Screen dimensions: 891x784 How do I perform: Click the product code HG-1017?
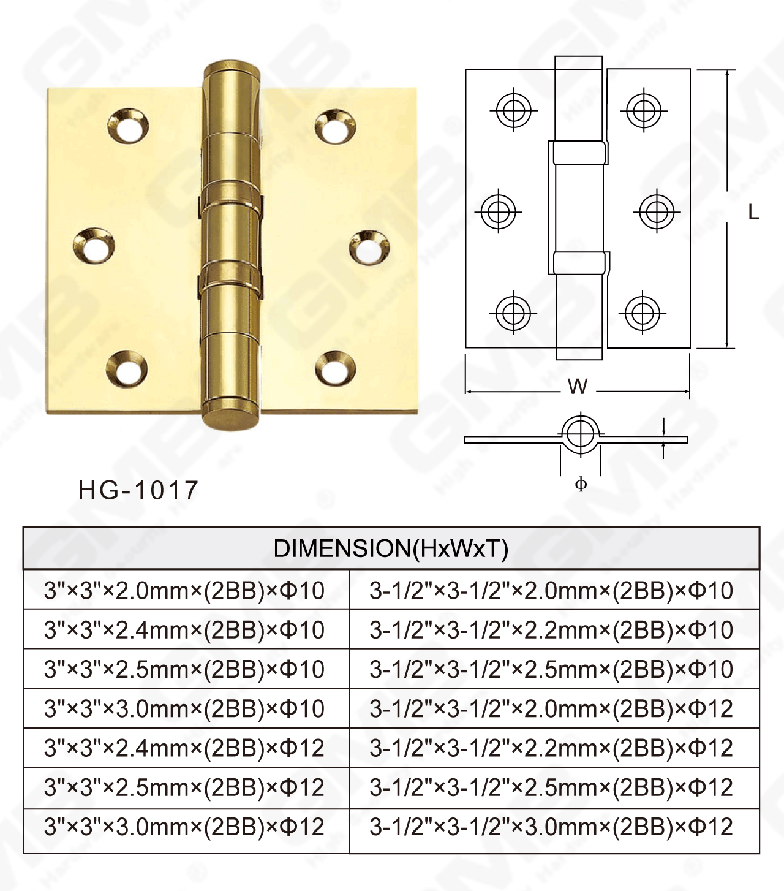[x=138, y=490]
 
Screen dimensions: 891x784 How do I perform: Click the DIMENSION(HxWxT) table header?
[x=391, y=548]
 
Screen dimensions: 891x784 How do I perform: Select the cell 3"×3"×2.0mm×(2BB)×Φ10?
[x=184, y=591]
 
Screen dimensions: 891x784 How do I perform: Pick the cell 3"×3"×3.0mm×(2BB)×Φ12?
[x=184, y=827]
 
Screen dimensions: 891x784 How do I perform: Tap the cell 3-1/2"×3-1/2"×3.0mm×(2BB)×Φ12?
[x=551, y=827]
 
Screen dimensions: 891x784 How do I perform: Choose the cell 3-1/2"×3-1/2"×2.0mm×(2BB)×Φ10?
[x=551, y=591]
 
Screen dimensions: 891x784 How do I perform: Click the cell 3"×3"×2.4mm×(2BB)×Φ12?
[x=184, y=748]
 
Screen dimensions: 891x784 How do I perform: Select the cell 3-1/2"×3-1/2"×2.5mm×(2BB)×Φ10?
[x=551, y=669]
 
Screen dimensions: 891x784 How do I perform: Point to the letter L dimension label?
[x=753, y=213]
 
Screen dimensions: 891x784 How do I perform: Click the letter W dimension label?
[x=578, y=387]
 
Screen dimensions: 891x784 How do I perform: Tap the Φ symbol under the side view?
[x=581, y=484]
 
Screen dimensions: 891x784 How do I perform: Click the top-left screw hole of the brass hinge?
[x=127, y=126]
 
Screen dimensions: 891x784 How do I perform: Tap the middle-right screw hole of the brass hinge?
[x=369, y=248]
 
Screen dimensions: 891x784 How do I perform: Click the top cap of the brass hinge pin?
[x=232, y=70]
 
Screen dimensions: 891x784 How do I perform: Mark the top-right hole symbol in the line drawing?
[x=643, y=110]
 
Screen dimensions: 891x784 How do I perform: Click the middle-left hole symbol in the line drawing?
[x=499, y=212]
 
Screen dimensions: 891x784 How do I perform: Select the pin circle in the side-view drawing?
[x=579, y=434]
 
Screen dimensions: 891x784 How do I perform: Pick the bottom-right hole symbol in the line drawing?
[x=642, y=313]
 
